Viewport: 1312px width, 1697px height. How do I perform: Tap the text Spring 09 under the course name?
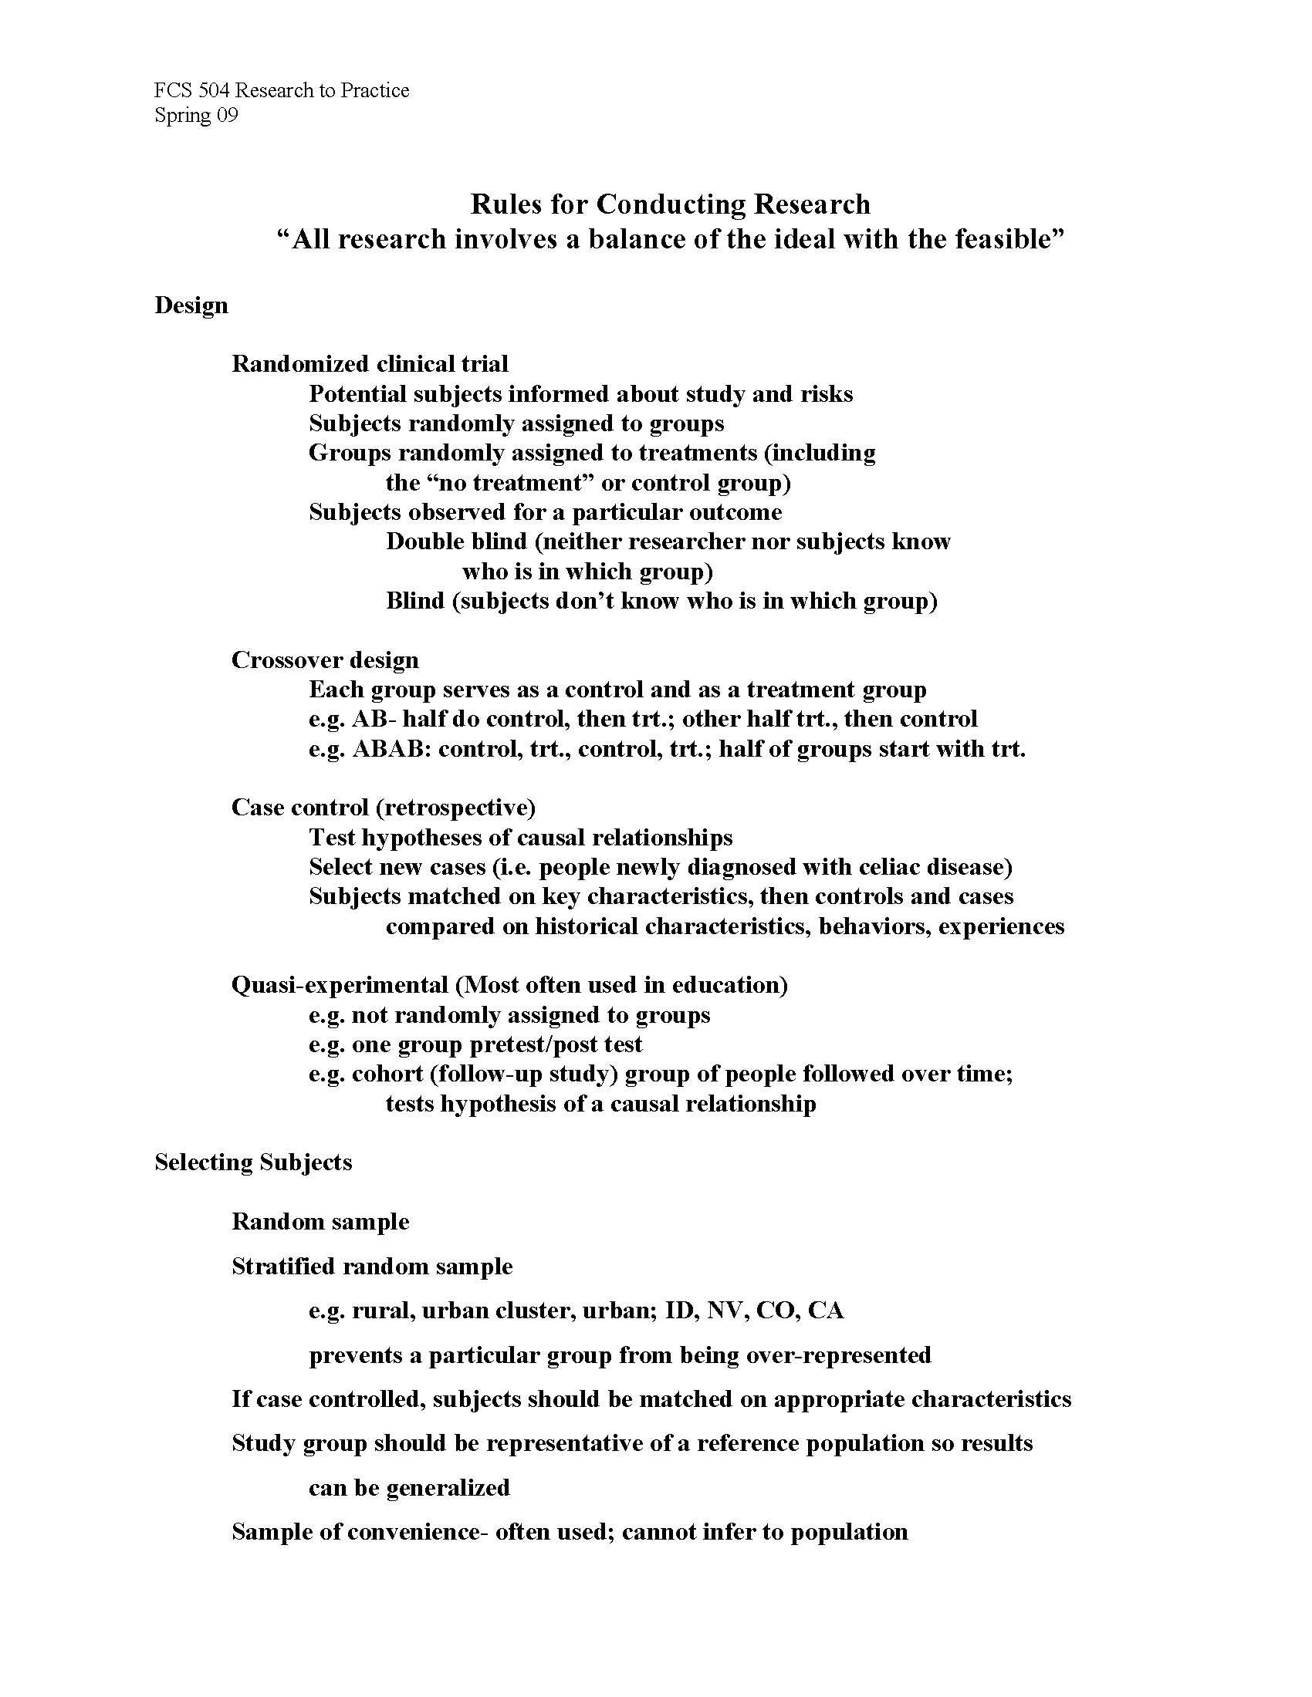[x=196, y=116]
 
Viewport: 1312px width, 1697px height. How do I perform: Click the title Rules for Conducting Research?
[x=670, y=204]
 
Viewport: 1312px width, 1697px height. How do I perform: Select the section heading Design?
[x=191, y=305]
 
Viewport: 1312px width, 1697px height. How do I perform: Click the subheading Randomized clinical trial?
[x=370, y=364]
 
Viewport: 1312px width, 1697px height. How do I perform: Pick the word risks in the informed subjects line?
[x=827, y=394]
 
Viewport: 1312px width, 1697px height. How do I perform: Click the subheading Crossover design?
[x=325, y=660]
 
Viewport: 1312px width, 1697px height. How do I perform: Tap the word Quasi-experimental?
[x=340, y=985]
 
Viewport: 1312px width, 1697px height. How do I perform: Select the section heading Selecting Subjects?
[x=253, y=1162]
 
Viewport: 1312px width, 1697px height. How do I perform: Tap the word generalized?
[x=448, y=1488]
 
